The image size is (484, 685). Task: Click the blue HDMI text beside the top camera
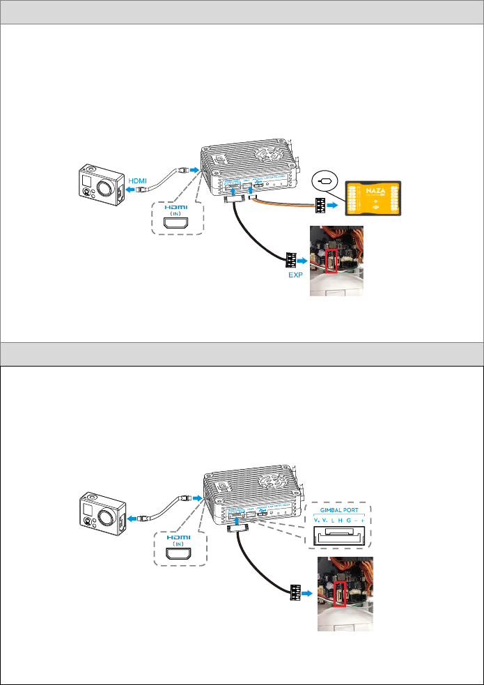[136, 180]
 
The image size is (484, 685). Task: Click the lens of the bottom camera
[104, 514]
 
